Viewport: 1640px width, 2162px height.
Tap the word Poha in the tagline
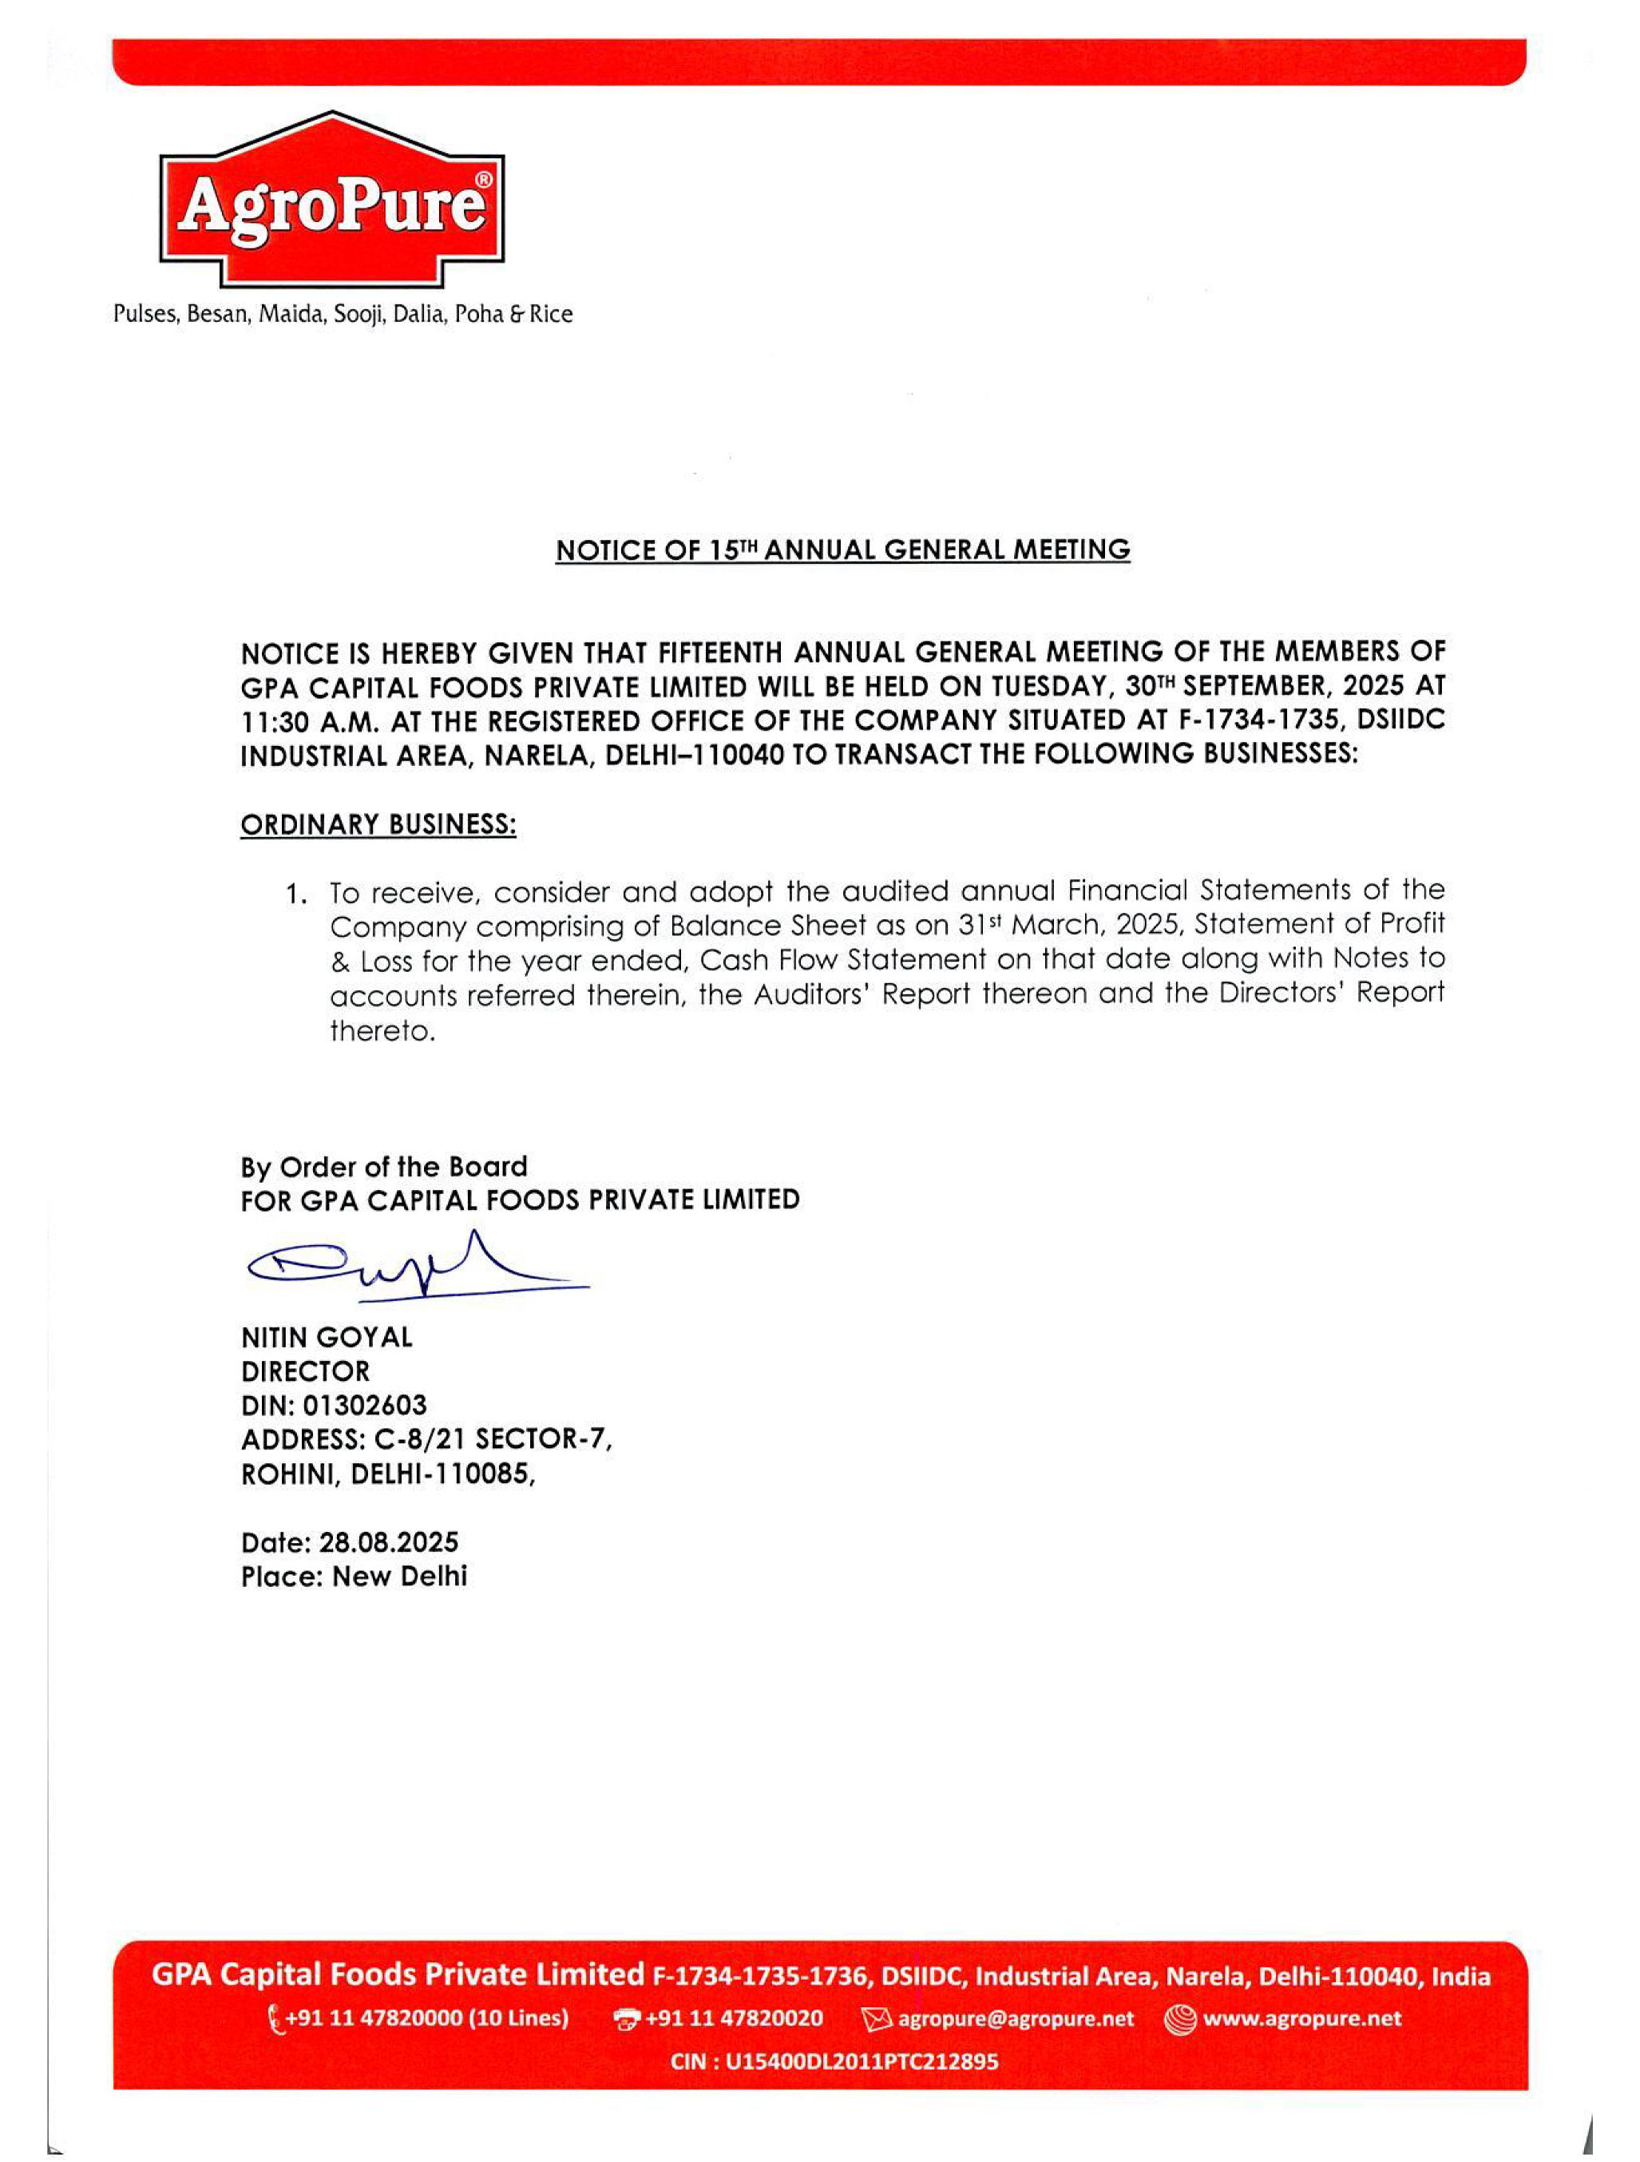(x=479, y=314)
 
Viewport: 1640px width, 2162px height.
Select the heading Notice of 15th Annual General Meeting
(x=842, y=550)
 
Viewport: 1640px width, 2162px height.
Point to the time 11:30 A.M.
(x=308, y=721)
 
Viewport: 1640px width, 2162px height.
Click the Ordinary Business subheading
(x=378, y=825)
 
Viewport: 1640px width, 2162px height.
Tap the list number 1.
(x=296, y=895)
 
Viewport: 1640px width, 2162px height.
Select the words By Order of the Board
(x=384, y=1166)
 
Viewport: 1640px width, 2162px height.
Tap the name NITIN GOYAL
(x=327, y=1336)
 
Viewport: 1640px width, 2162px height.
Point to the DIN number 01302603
(x=365, y=1405)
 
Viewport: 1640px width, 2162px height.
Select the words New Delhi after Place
(x=400, y=1576)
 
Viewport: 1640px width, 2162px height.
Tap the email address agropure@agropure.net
(x=1016, y=2018)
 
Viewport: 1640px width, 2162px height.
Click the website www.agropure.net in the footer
(x=1301, y=2018)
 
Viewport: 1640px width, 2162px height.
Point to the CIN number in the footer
(x=861, y=2061)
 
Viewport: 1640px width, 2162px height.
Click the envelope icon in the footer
(x=877, y=2019)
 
